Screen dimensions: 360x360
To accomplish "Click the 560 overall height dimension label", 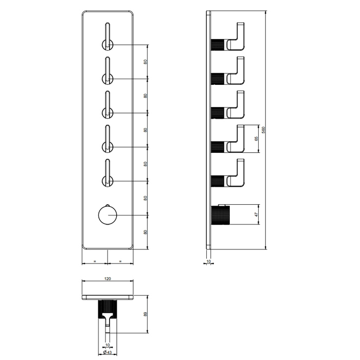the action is (263, 130).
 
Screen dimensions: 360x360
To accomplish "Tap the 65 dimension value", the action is (257, 139).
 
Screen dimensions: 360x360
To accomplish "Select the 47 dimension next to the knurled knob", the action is (257, 214).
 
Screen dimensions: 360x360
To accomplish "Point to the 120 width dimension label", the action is (107, 279).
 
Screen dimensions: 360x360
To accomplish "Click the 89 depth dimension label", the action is (145, 314).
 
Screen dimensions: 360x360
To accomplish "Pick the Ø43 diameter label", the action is (107, 352).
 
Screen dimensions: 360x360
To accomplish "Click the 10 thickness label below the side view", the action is (208, 261).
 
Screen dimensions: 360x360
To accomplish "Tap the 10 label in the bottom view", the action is (107, 345).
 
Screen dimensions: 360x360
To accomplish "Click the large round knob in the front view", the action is (107, 215).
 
